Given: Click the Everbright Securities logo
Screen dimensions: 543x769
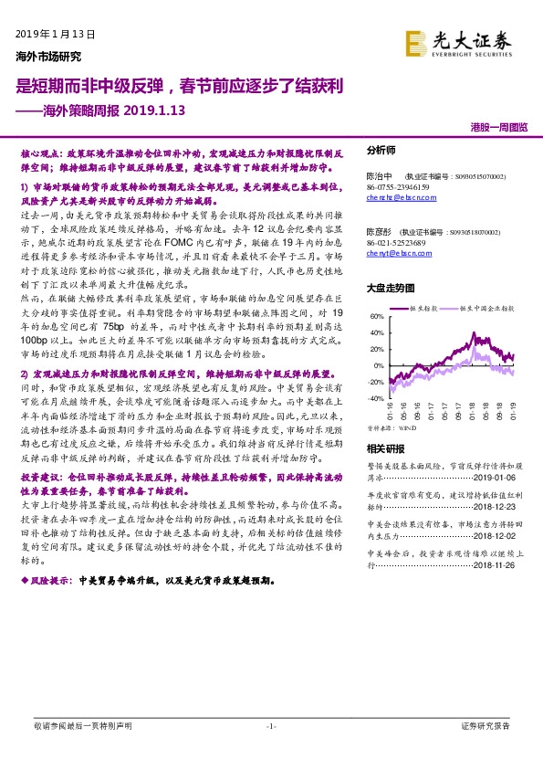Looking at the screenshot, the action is [465, 43].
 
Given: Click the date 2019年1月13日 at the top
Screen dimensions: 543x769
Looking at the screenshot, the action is [56, 34].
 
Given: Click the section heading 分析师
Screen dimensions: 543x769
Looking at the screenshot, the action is [381, 151].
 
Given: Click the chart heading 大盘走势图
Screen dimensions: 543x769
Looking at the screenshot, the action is [389, 287].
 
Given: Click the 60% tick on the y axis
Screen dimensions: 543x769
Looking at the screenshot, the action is [375, 318].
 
